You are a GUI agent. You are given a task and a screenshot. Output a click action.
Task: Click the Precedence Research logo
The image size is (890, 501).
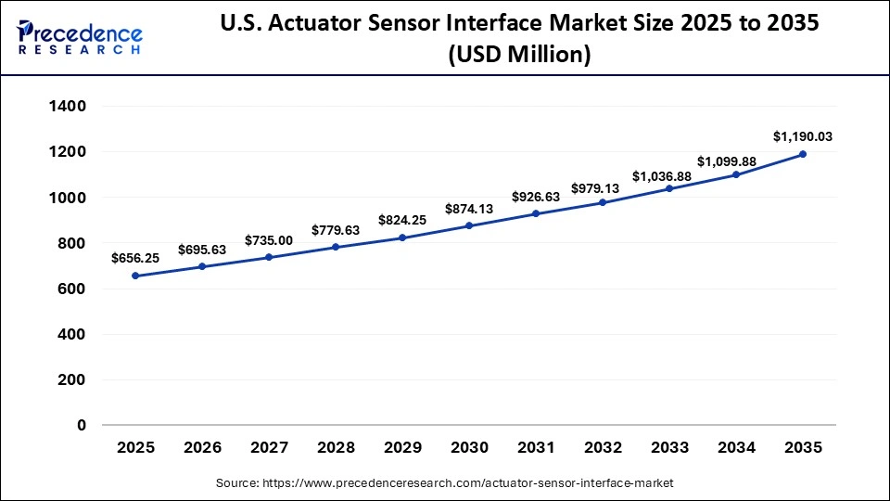point(80,37)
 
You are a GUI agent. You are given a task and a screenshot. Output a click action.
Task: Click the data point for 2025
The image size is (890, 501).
point(135,276)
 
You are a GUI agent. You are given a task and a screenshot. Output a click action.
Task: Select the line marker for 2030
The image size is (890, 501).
point(469,225)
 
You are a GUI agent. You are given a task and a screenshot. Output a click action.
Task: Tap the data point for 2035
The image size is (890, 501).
point(803,154)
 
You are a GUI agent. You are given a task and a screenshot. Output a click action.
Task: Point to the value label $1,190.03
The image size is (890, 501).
point(803,136)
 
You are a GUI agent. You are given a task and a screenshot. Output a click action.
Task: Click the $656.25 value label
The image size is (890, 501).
point(135,258)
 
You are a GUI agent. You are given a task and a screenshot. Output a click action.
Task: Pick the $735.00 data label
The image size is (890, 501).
point(269,240)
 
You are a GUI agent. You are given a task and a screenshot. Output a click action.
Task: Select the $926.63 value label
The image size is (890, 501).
point(536,197)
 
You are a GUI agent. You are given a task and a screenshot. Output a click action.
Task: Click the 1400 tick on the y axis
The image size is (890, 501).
point(67,107)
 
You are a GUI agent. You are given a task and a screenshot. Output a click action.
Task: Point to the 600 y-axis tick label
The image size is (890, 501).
point(73,289)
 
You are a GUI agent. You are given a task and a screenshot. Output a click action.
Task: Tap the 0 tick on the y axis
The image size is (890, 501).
point(82,425)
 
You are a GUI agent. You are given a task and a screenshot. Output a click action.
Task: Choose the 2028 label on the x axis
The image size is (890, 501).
point(336,448)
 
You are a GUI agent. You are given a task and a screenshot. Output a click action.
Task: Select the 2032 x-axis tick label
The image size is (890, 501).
point(603,448)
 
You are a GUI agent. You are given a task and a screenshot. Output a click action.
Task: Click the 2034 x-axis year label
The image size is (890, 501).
point(736,448)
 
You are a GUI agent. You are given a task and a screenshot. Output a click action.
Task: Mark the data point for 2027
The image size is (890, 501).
point(269,257)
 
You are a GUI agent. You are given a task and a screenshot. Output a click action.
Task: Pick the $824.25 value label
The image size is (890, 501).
point(402,221)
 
